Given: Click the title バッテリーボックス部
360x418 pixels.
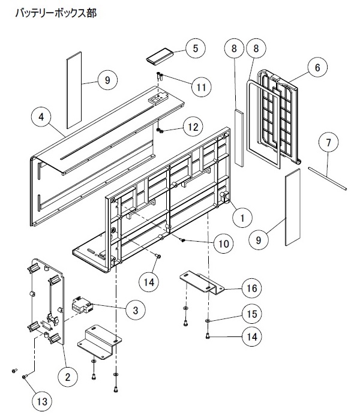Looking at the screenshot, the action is point(56,13).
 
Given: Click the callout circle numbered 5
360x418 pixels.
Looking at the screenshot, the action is point(196,48).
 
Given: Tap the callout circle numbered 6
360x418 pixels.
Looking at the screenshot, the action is point(317,67).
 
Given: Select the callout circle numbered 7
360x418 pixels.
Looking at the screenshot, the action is point(329,142).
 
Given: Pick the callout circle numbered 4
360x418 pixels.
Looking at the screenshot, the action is point(41,117).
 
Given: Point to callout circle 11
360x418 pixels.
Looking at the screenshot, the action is point(202,87).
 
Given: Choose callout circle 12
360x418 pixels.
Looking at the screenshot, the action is point(193,127).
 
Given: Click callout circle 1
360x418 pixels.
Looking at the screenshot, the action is point(242,218).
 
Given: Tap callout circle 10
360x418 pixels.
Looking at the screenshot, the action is point(223,243).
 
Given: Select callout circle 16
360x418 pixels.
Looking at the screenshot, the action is point(252,288).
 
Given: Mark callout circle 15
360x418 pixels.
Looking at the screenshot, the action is point(252,314).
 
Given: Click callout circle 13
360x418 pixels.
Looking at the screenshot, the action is point(42,401).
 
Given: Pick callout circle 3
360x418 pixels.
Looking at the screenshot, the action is point(136,310).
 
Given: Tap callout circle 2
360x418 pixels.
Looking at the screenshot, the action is point(68,377).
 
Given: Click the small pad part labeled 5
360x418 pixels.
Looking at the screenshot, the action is point(160,56).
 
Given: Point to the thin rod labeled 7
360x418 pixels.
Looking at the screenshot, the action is point(328,178).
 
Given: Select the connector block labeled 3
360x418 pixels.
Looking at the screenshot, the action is point(83,305).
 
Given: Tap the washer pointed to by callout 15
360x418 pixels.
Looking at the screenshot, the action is point(207,320).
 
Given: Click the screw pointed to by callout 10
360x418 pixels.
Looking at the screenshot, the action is point(182,240).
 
